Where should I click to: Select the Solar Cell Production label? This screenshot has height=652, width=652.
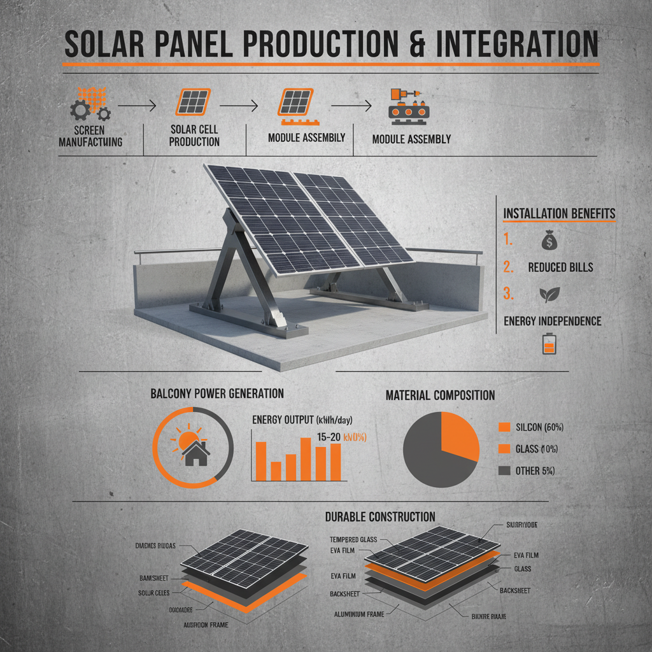click(194, 135)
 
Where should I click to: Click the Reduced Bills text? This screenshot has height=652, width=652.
click(560, 267)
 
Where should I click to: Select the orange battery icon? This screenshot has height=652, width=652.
click(548, 344)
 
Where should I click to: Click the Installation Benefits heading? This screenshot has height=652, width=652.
click(560, 213)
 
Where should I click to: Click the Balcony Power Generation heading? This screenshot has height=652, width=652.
click(217, 393)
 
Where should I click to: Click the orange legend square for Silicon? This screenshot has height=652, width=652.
click(506, 427)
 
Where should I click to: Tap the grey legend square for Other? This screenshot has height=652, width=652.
click(506, 471)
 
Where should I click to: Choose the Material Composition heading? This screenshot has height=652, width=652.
click(440, 395)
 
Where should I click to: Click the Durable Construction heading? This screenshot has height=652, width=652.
click(380, 516)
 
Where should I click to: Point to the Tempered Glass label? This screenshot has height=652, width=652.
click(354, 539)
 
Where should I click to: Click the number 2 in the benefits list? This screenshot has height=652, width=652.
click(507, 267)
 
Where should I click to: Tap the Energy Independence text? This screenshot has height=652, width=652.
click(553, 321)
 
